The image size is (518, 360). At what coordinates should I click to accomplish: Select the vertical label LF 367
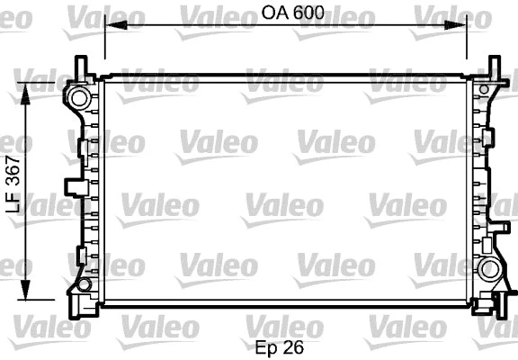tap(13, 187)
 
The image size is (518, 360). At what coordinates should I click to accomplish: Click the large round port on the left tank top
tap(79, 96)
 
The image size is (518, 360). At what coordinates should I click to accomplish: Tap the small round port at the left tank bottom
tap(84, 285)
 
